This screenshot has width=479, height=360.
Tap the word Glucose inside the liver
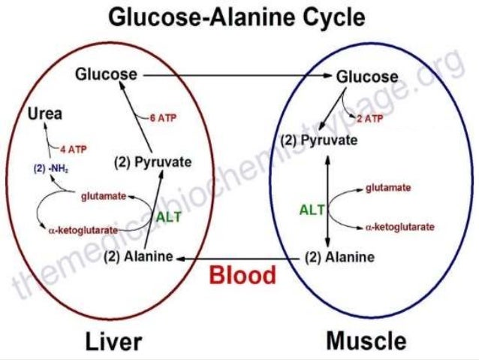[106, 74]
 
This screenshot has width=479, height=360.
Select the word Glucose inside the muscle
[366, 77]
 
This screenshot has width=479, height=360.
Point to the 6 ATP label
[163, 118]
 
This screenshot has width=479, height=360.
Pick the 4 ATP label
[73, 149]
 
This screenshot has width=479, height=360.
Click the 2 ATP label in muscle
[370, 118]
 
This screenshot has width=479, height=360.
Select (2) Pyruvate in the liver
[152, 162]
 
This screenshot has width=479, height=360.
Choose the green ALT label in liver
[168, 216]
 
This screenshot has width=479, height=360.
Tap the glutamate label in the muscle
[387, 188]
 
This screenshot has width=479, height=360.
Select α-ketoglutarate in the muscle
[399, 226]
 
